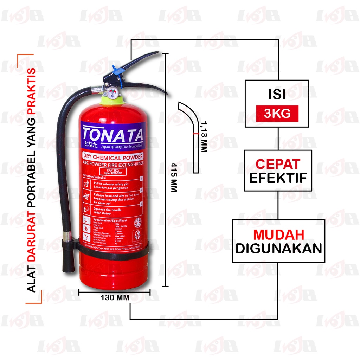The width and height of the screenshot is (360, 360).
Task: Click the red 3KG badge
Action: (x=277, y=114)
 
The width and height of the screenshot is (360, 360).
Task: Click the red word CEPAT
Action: (x=278, y=164)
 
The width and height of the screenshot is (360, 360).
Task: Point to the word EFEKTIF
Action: (x=278, y=178)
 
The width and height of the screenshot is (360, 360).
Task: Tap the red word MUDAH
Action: (x=279, y=234)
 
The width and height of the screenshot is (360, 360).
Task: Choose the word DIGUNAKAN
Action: (x=278, y=249)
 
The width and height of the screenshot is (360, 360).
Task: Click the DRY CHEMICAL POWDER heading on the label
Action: (x=112, y=157)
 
